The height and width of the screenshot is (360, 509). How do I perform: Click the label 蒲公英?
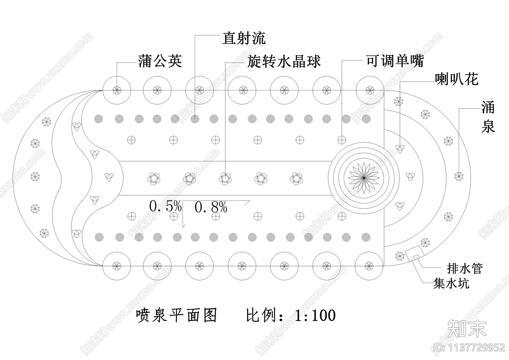click(x=160, y=61)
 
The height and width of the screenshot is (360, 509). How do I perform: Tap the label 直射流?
click(x=244, y=39)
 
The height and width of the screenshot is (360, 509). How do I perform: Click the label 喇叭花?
click(x=457, y=79)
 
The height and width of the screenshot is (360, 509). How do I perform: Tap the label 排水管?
click(x=465, y=269)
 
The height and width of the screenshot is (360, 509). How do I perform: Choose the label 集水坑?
click(x=451, y=283)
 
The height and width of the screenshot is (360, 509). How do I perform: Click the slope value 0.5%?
click(x=165, y=207)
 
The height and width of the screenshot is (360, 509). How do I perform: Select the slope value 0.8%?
click(x=211, y=208)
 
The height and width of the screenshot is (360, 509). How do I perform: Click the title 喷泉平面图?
click(x=177, y=315)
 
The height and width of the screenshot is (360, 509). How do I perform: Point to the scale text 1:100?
click(x=315, y=315)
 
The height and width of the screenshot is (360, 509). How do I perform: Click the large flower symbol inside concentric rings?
click(x=364, y=178)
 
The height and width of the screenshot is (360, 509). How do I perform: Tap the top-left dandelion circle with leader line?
click(x=117, y=90)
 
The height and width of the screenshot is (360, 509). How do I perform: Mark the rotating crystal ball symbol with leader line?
click(x=225, y=179)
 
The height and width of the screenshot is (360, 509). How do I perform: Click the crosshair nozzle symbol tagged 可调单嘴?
click(x=342, y=140)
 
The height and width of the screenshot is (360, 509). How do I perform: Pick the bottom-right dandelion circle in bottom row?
click(x=369, y=266)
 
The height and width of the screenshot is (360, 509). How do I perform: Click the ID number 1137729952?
click(x=469, y=347)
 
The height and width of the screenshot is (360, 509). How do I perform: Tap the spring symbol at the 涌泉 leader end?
click(x=459, y=176)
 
